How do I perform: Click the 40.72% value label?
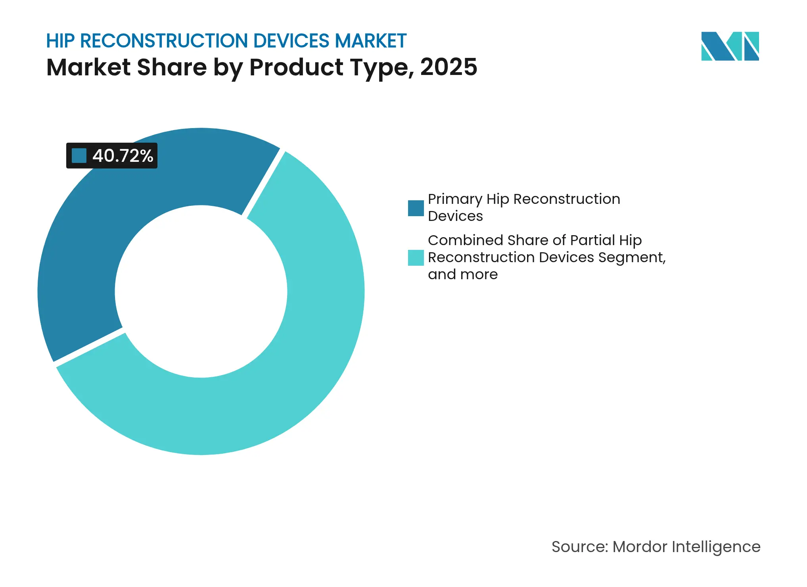coord(123,156)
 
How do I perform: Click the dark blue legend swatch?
coord(416,208)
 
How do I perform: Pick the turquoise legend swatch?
coord(416,257)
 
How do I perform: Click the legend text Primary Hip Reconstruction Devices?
coord(523,207)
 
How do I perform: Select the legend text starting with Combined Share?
coord(546,257)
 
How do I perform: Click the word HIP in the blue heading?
coord(60,41)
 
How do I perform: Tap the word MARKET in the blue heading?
coord(370,41)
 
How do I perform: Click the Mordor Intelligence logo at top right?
coord(730,46)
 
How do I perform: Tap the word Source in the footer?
coord(579,547)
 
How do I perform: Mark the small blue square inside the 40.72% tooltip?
coord(79,156)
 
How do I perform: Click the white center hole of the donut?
coord(201,292)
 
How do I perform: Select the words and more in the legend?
coord(462,274)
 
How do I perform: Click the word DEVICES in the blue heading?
coord(291,41)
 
